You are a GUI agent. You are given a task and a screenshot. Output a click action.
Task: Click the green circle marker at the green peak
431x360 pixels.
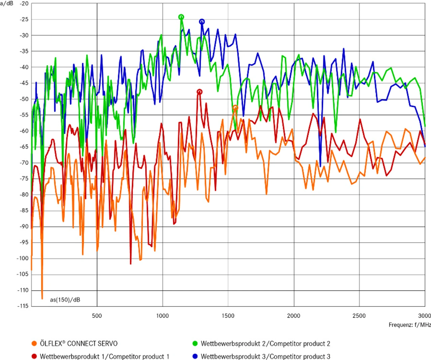click(x=181, y=17)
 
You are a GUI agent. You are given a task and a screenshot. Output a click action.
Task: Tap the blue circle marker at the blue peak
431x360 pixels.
click(x=202, y=22)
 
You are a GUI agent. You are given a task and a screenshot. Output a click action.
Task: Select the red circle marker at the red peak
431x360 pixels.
click(x=199, y=92)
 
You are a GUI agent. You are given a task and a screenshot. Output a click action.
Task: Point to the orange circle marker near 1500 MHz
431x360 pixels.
click(x=235, y=108)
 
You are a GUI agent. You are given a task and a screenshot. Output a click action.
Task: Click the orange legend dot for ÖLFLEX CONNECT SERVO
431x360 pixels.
click(x=34, y=343)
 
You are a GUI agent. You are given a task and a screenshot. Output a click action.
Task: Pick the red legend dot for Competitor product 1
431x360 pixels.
click(x=34, y=356)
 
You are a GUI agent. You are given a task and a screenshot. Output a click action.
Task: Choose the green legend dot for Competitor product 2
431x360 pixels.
click(x=195, y=343)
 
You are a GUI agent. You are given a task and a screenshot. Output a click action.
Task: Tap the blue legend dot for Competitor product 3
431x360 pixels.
click(x=195, y=356)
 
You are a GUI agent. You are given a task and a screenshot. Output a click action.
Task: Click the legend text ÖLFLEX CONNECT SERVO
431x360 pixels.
click(x=78, y=343)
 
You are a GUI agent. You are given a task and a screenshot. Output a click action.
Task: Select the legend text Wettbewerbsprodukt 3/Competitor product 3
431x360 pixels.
click(x=265, y=356)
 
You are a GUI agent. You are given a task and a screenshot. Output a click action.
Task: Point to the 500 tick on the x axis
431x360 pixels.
click(x=97, y=316)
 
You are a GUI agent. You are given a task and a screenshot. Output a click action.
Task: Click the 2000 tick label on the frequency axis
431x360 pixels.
click(x=294, y=316)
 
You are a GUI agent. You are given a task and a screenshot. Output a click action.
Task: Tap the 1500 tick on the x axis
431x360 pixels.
click(x=228, y=316)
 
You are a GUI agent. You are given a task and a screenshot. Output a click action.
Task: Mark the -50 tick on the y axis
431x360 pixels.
click(x=24, y=99)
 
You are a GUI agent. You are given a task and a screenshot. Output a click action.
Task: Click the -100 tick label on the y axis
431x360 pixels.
click(x=23, y=258)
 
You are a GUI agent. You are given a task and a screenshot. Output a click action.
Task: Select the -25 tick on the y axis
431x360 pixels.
click(x=24, y=20)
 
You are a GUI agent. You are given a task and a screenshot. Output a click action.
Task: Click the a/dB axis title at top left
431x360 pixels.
click(x=7, y=4)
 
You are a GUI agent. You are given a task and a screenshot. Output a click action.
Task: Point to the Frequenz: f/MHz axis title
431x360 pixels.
click(x=409, y=325)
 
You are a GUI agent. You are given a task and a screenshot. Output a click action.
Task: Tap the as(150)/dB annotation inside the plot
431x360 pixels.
click(x=65, y=300)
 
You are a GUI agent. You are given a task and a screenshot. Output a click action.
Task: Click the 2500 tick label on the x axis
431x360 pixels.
click(x=359, y=316)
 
